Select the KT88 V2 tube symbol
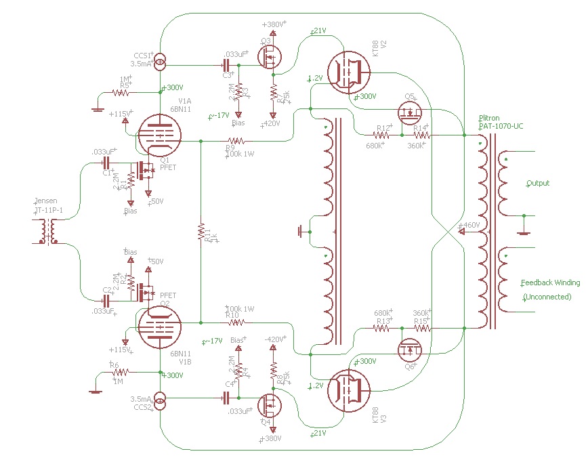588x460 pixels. coord(349,72)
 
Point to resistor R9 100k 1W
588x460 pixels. coord(238,141)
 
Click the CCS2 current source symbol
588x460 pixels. coord(160,402)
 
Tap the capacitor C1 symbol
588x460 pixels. coord(106,163)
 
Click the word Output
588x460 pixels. coord(538,184)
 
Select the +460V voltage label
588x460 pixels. coord(470,224)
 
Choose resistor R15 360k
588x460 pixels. coord(421,327)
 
